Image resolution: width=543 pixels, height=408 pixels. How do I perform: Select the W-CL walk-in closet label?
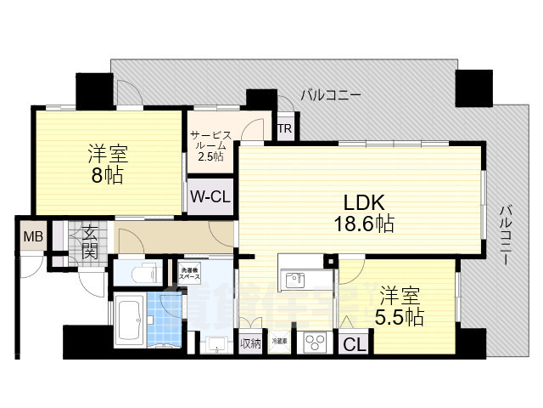(210, 196)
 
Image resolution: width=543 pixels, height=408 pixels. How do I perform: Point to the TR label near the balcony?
(285, 129)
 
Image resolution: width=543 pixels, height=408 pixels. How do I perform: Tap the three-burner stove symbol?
(316, 343)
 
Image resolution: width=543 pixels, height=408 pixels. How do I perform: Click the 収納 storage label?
(250, 344)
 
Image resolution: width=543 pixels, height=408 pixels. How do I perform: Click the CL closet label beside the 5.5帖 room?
(355, 344)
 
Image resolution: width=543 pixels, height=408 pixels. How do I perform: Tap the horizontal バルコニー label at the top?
(331, 94)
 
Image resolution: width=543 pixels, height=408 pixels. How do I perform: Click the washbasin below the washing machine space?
(217, 343)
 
